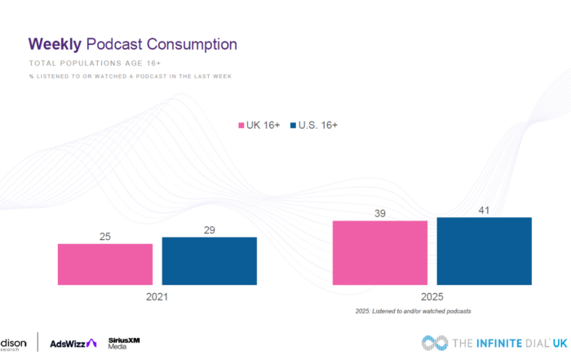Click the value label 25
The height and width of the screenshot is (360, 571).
[x=104, y=237]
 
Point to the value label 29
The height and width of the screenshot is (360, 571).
[x=209, y=230]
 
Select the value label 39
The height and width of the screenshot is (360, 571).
[x=379, y=214]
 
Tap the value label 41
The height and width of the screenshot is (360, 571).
[x=484, y=211]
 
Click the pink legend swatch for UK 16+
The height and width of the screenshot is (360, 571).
[x=241, y=125]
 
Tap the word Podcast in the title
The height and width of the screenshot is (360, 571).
[x=115, y=43]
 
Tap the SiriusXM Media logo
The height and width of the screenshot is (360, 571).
[x=125, y=343]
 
